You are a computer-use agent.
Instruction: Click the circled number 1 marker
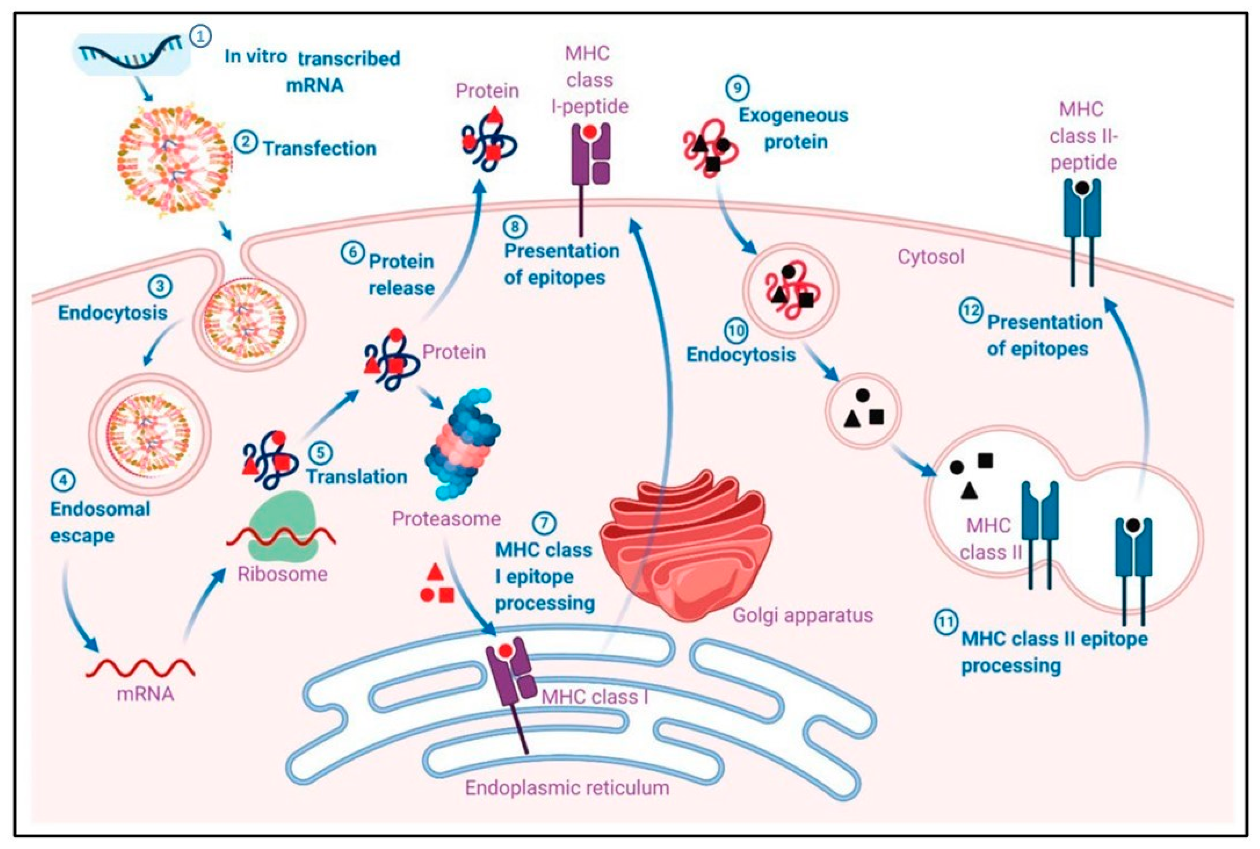200,37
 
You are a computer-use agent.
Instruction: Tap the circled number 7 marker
544,523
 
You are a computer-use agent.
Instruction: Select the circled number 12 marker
970,311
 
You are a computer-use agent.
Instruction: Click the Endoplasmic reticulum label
567,788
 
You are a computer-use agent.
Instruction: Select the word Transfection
320,149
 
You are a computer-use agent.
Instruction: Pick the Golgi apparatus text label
803,615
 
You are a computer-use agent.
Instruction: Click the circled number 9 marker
737,88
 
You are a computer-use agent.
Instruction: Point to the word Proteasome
446,519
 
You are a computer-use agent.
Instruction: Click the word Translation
357,476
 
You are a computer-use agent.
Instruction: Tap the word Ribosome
282,574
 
